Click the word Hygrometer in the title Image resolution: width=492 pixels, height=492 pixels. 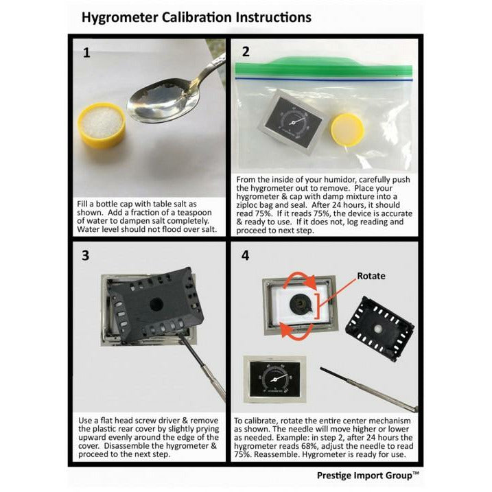(x=120, y=18)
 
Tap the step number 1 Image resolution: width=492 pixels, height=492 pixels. (x=86, y=53)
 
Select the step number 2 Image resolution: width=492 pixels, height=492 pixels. (x=246, y=51)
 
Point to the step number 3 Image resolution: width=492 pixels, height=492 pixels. (x=85, y=255)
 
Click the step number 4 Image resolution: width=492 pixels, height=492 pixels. (x=245, y=256)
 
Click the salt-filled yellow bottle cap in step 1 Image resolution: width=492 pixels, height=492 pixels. (x=102, y=125)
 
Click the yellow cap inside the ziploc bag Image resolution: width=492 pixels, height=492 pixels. (x=347, y=130)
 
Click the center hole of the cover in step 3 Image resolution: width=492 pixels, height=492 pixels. (x=156, y=304)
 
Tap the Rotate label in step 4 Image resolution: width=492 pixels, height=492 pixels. (x=371, y=276)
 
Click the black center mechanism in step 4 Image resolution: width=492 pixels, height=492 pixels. (x=301, y=304)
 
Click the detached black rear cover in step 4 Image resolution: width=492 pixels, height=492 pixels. (x=379, y=328)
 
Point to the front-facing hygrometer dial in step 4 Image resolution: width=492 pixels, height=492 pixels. (x=275, y=379)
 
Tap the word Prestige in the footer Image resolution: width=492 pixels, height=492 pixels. (x=333, y=476)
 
